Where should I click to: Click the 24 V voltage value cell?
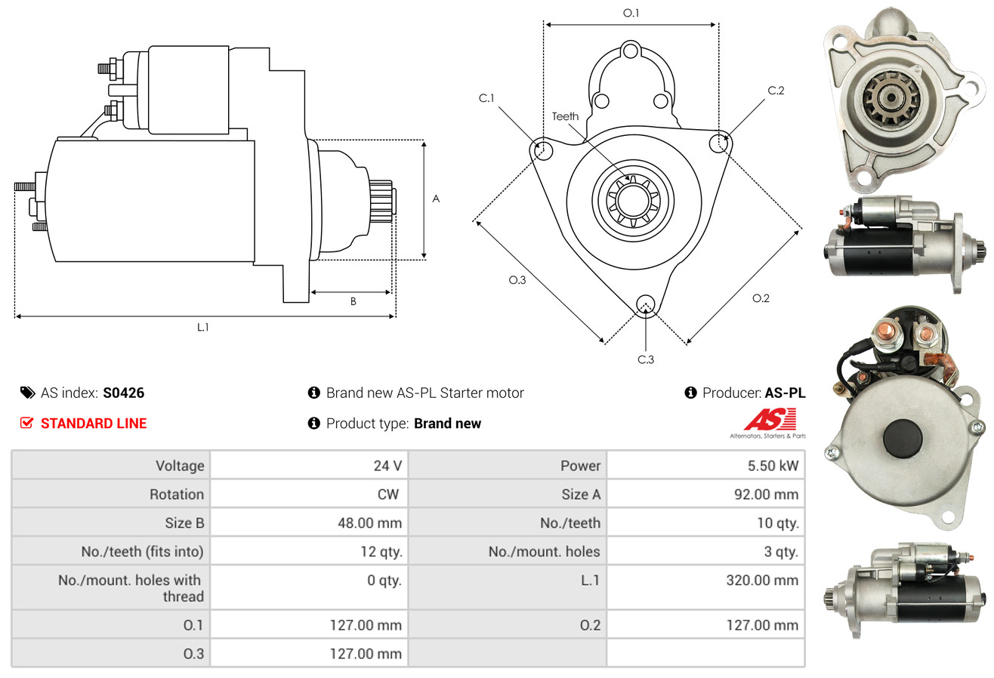387,466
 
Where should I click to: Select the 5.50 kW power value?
773,466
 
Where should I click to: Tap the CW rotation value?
387,494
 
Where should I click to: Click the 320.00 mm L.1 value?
762,580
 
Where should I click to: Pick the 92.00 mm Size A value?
766,494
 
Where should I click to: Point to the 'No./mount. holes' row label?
544,551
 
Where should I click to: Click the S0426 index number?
123,393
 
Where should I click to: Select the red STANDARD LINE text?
94,424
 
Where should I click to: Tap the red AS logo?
770,420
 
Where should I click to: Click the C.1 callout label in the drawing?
486,98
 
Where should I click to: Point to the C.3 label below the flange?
646,359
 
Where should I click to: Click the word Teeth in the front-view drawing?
565,116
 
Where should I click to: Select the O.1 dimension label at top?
631,13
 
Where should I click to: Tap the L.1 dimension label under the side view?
202,327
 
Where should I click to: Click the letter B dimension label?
353,301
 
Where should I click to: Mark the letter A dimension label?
436,199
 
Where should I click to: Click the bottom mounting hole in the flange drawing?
646,304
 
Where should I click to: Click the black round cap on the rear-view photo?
903,439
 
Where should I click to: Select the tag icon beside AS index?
27,393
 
